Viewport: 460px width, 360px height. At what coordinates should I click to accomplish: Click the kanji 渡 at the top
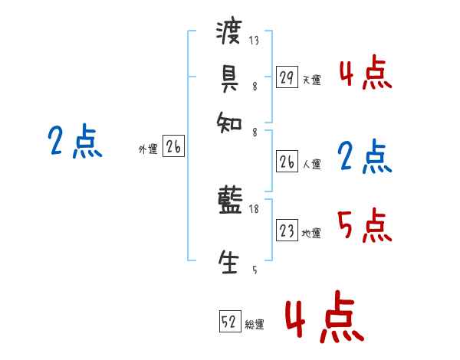(x=229, y=33)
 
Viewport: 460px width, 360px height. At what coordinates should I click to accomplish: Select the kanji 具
(x=229, y=77)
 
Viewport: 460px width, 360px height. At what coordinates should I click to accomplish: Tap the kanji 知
(x=229, y=119)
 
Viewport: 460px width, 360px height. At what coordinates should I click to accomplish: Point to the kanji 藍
(x=229, y=203)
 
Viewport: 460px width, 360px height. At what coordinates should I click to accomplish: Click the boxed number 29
(x=287, y=77)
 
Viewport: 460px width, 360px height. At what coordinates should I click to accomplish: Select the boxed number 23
(x=287, y=231)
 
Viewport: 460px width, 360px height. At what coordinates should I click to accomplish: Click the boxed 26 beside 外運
(x=173, y=148)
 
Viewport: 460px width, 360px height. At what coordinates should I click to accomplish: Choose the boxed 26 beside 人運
(x=287, y=162)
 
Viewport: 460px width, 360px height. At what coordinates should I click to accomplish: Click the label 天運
(x=311, y=80)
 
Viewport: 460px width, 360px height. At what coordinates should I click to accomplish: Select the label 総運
(x=255, y=325)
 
